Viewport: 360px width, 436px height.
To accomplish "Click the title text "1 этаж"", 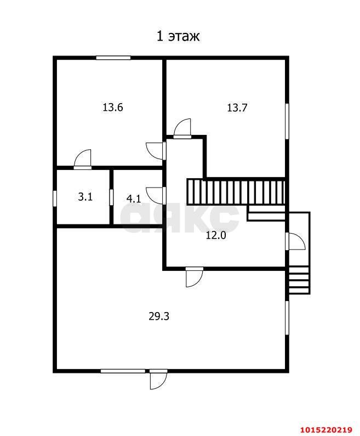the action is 178,37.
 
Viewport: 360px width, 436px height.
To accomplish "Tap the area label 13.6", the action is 113,107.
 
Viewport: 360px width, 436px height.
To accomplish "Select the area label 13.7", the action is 237,107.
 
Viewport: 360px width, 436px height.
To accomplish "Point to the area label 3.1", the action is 85,197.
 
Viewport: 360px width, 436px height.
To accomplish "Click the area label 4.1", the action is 134,199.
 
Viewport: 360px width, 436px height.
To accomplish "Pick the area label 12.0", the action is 216,235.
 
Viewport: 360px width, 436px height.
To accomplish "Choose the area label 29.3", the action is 159,316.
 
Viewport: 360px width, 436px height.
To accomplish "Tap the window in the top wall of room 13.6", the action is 113,58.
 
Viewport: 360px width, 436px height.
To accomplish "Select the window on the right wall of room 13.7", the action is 287,121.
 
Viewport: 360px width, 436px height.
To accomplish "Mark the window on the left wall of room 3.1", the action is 55,199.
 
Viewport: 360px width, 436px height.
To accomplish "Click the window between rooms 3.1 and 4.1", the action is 111,197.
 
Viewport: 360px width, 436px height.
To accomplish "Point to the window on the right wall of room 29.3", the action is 287,318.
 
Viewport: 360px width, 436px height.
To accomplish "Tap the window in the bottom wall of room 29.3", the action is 123,371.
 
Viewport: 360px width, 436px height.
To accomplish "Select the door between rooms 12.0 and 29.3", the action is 195,277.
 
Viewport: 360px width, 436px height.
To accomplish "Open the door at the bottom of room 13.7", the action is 182,128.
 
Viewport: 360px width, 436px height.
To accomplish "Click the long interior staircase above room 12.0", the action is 236,192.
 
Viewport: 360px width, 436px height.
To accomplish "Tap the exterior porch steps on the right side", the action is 299,280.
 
